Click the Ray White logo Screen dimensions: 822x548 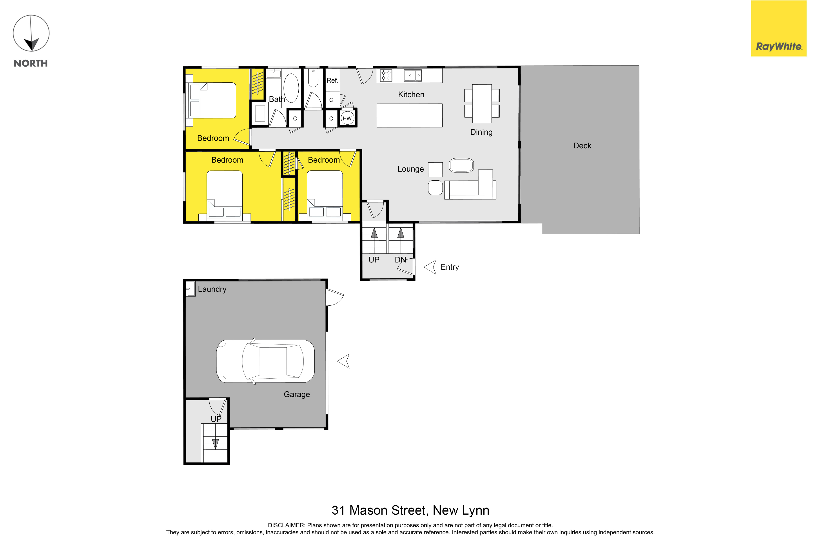pos(779,28)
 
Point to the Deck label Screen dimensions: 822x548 pos(582,146)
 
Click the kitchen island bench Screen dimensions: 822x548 pos(410,115)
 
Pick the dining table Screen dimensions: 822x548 pos(482,103)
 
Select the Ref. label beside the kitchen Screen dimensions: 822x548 pos(332,80)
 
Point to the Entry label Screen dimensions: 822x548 pos(450,267)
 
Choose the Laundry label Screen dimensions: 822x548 pos(212,289)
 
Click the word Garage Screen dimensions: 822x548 pos(297,395)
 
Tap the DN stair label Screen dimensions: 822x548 pos(400,260)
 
